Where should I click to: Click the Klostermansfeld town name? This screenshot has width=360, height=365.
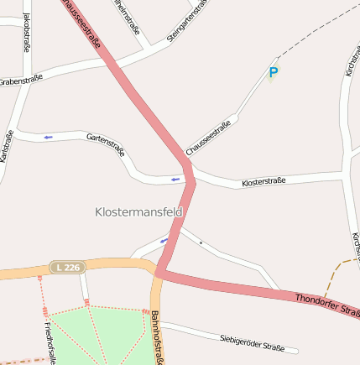139,212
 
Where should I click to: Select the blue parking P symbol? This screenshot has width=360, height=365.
273,73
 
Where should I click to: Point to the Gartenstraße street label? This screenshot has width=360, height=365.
106,143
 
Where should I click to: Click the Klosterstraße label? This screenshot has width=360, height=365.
263,181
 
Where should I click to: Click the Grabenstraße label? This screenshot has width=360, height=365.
21,81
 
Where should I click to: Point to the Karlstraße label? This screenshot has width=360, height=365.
7,147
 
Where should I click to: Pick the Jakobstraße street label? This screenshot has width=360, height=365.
26,32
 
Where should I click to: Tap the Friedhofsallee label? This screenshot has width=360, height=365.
50,342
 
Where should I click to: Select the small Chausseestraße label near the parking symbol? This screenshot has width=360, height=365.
209,138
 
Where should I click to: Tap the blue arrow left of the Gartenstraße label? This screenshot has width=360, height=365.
48,136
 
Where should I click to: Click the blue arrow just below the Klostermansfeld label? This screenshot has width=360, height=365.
164,241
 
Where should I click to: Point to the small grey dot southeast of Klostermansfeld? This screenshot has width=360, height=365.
201,242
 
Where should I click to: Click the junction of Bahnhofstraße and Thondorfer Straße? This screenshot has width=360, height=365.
158,273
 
